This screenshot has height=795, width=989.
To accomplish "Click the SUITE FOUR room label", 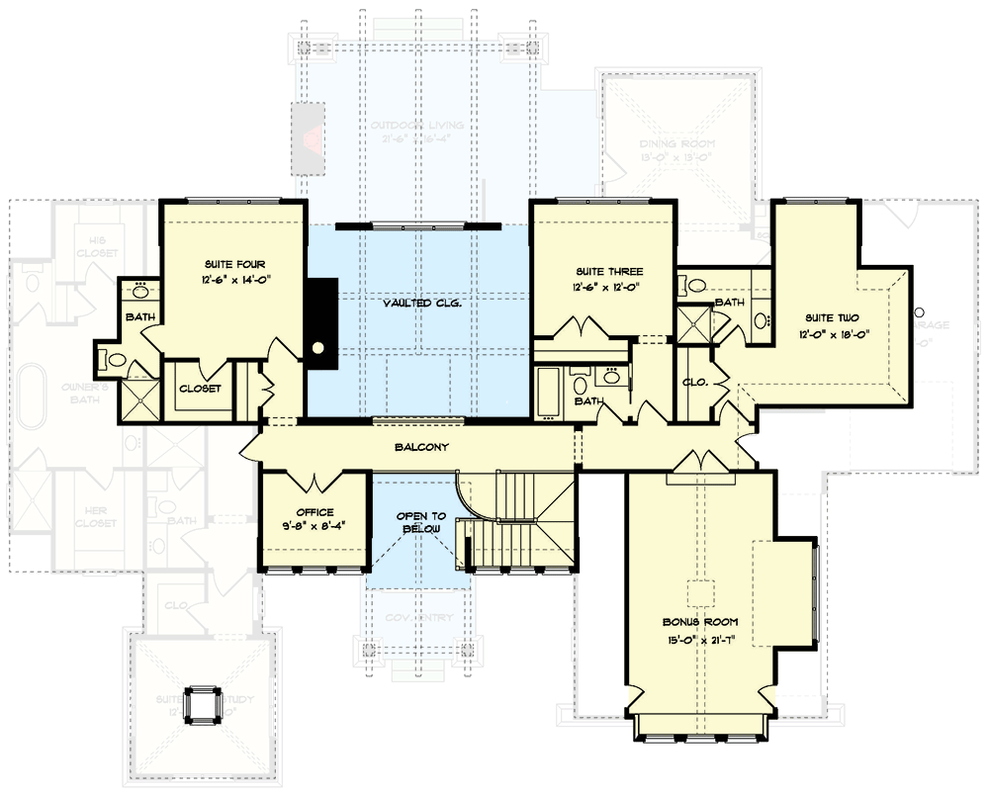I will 234,264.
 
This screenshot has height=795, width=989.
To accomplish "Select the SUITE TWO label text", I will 831,317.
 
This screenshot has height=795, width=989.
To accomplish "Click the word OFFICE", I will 315,512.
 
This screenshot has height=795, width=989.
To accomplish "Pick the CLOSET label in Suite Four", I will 199,390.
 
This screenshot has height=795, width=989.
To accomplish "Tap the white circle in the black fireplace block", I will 318,348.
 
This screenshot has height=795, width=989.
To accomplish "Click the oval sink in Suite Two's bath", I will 762,319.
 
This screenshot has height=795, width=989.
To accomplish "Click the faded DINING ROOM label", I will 676,144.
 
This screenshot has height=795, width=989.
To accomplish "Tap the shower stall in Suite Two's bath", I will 692,323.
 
